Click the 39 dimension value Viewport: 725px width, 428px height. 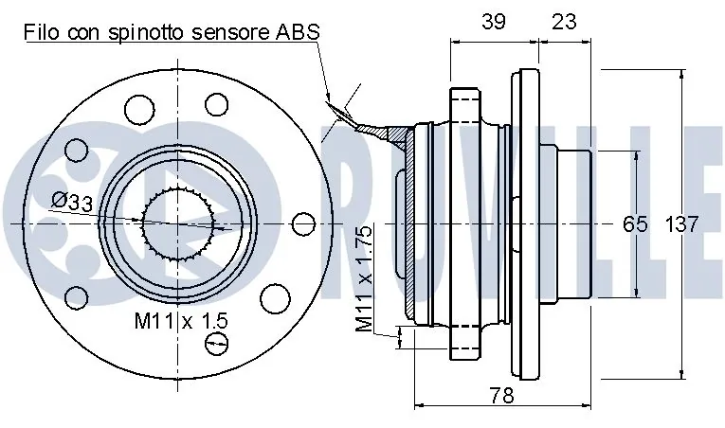pyautogui.click(x=494, y=22)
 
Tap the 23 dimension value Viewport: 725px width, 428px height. pyautogui.click(x=564, y=22)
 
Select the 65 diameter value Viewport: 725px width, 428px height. pyautogui.click(x=635, y=224)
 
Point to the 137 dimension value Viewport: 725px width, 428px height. pyautogui.click(x=681, y=224)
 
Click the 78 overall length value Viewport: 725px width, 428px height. pyautogui.click(x=501, y=396)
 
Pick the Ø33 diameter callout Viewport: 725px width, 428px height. pyautogui.click(x=72, y=202)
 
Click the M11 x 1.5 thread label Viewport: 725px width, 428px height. pyautogui.click(x=181, y=321)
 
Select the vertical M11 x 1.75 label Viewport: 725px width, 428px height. pyautogui.click(x=364, y=278)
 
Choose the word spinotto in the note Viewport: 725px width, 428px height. pyautogui.click(x=148, y=33)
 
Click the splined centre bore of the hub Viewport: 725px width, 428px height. pyautogui.click(x=178, y=223)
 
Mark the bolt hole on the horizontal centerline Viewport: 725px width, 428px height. pyautogui.click(x=304, y=224)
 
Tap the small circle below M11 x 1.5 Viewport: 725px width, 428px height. pyautogui.click(x=216, y=344)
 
